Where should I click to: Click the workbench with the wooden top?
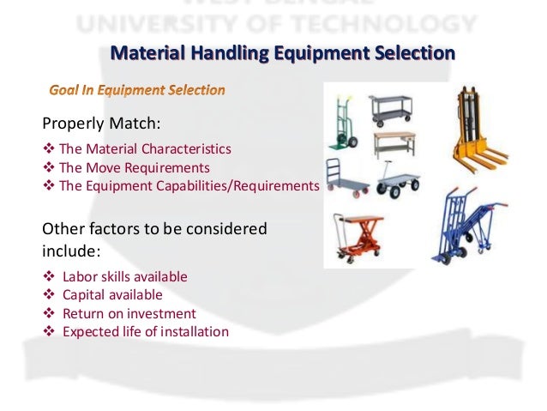[394, 143]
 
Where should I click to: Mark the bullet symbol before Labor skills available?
[47, 277]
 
